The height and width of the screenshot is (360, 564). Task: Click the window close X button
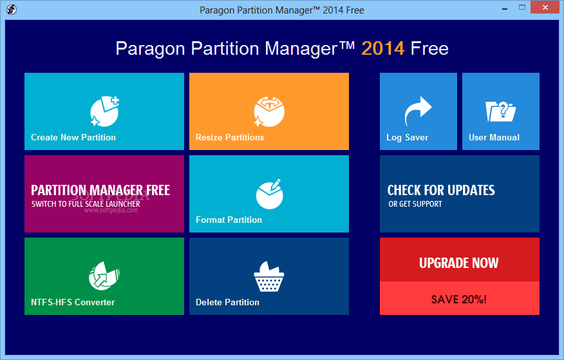tap(545, 7)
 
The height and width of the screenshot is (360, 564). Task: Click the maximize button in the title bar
tap(522, 7)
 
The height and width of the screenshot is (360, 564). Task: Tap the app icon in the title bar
tap(12, 10)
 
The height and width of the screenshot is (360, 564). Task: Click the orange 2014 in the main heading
tap(382, 48)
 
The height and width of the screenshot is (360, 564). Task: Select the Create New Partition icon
tap(104, 111)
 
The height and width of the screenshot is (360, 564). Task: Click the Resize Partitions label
tap(229, 137)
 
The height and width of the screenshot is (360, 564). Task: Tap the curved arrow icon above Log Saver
tap(418, 111)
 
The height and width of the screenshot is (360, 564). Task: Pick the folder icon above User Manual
tap(500, 111)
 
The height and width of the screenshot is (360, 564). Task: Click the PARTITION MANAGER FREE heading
tap(100, 190)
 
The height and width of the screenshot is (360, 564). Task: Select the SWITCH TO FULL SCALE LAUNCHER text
tap(86, 204)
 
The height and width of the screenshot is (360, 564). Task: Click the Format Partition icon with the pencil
tap(269, 194)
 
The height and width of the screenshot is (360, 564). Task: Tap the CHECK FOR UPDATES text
tap(441, 190)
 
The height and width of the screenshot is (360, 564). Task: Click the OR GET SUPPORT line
tap(415, 204)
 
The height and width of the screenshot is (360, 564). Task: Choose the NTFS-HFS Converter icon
tap(104, 276)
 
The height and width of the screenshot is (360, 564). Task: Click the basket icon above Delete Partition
tap(269, 276)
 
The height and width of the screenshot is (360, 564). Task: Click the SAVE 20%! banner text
tap(459, 299)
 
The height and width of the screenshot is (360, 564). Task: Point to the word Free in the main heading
tap(429, 48)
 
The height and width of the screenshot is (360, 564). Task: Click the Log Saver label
tap(407, 138)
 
